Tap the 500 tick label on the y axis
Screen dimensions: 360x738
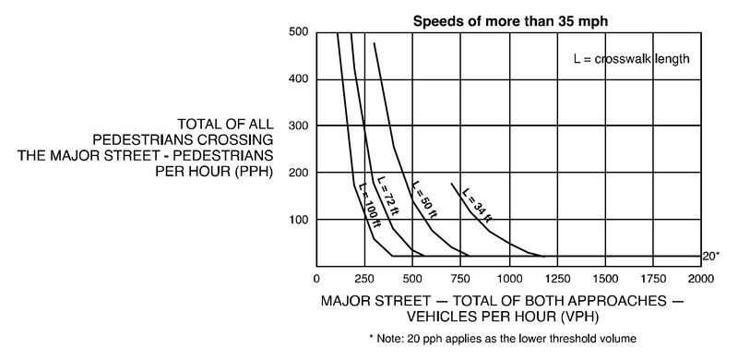298,32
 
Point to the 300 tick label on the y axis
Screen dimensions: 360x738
298,126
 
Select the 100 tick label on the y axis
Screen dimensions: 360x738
298,220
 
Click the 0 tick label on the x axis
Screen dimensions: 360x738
316,278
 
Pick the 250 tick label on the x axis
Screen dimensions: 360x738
364,278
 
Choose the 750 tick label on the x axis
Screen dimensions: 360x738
460,278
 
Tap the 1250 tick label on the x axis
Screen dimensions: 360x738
556,278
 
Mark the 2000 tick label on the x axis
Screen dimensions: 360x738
700,278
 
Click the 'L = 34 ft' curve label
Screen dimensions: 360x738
477,206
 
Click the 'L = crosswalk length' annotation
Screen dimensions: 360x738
631,59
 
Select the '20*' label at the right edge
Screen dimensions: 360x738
710,256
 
